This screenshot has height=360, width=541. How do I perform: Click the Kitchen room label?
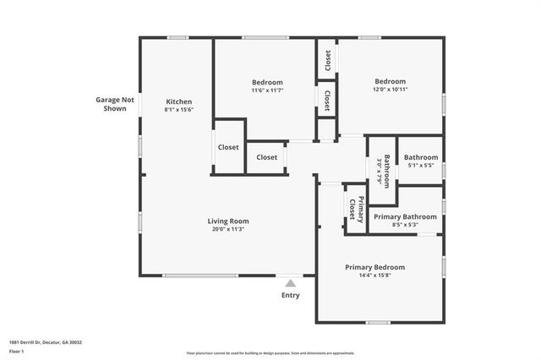point(178,101)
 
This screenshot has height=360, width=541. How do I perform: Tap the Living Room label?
point(228,221)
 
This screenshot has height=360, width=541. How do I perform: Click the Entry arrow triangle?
point(291,284)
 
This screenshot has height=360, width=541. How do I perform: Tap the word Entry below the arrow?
point(290,296)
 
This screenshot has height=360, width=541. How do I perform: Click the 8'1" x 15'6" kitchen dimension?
point(178,109)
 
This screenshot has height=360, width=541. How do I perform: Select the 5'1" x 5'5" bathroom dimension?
point(421,166)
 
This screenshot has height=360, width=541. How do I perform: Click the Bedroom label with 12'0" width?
point(391,82)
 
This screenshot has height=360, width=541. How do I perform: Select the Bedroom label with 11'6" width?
point(267,82)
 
